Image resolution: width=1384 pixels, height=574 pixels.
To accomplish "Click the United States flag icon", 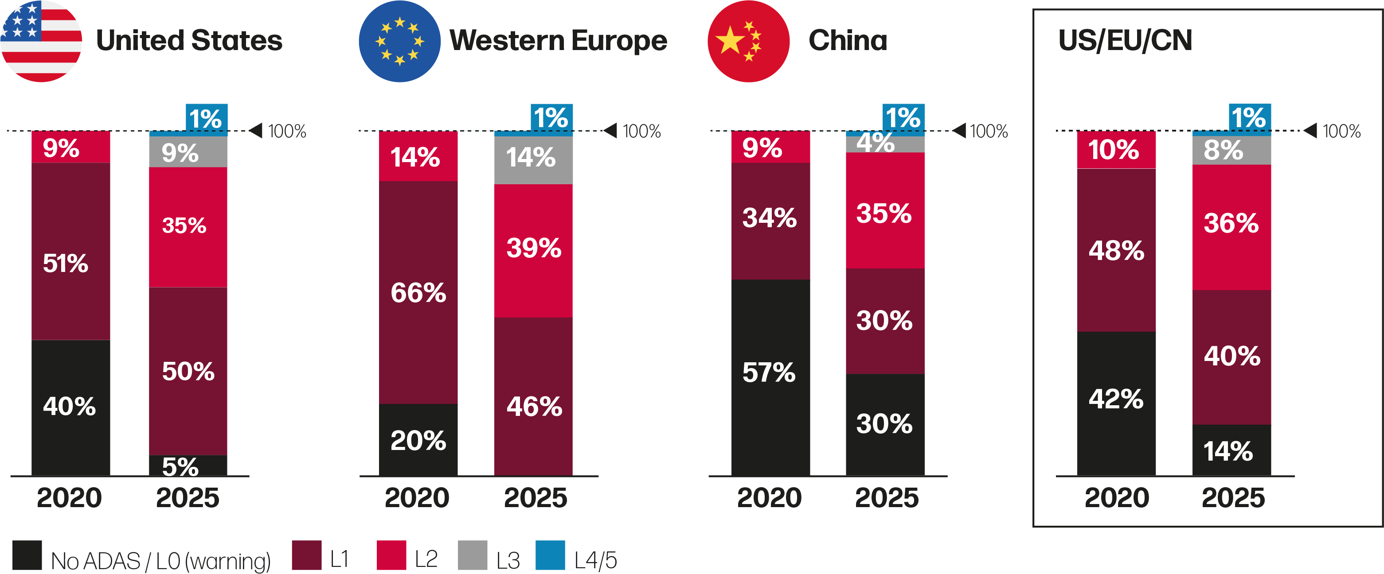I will tap(41, 41).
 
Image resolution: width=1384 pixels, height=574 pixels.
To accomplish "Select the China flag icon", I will tap(748, 41).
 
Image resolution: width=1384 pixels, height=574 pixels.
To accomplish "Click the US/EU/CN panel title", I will tap(1125, 40).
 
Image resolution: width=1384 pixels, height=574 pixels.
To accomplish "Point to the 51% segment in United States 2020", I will tap(70, 251).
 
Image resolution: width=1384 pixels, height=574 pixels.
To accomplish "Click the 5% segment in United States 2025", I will tap(188, 465).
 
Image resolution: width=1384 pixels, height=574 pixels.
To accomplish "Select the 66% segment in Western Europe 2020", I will tap(418, 292).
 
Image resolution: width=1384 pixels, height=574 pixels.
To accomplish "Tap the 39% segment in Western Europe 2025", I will tap(533, 250).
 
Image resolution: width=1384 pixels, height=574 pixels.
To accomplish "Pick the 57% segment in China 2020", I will tap(770, 377).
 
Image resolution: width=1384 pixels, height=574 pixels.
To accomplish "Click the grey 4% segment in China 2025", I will tap(885, 144).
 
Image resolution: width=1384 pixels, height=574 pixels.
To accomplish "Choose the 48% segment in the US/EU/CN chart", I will tap(1116, 250).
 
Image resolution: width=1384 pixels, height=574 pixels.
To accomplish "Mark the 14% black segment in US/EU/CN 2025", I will tap(1232, 450).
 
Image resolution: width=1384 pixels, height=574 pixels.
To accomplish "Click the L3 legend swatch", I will tap(472, 555).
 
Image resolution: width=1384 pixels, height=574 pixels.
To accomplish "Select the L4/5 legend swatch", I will tap(550, 555).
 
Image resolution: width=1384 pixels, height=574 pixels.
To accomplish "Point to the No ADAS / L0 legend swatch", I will tap(27, 555).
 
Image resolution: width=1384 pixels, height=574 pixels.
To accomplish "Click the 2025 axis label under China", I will tap(887, 498).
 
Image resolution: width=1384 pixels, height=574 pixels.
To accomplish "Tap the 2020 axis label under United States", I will tap(69, 498).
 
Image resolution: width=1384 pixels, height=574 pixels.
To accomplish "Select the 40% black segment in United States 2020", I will tap(70, 407).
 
